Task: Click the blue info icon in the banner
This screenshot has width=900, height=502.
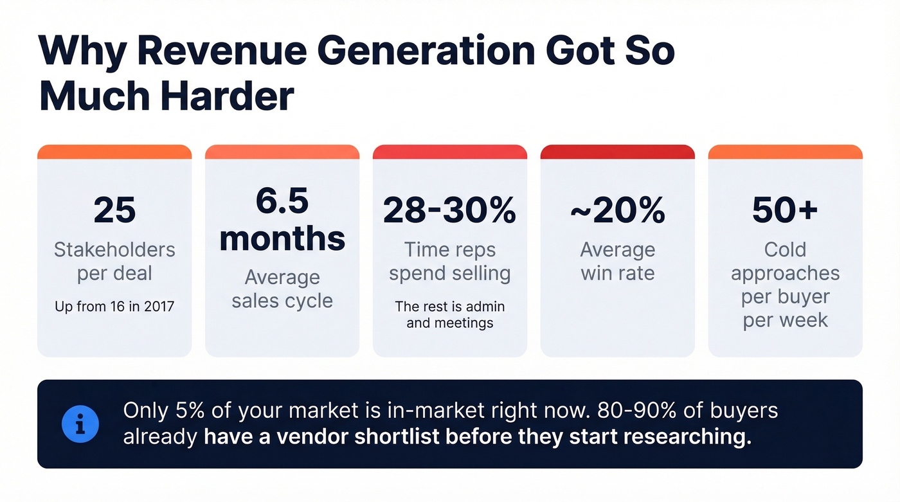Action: point(80,424)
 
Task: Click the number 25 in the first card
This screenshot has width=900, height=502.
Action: point(114,210)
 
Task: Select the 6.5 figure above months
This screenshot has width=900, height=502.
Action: point(282,201)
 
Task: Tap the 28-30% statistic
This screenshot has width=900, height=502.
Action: point(449,210)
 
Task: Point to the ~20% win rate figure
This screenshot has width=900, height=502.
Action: point(617,210)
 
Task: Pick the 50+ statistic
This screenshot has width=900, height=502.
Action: point(785,210)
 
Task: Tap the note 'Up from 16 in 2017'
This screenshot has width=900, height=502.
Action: point(114,307)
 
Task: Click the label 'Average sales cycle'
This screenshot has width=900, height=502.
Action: point(282,289)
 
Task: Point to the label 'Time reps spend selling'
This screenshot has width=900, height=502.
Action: point(449,261)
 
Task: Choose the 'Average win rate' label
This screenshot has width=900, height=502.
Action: point(617,261)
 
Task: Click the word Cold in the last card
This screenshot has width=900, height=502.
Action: point(785,249)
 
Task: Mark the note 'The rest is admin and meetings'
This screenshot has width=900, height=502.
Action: point(449,314)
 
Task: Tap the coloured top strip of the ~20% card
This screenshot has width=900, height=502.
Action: point(617,152)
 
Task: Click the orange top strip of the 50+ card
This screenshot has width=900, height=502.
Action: point(785,152)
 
